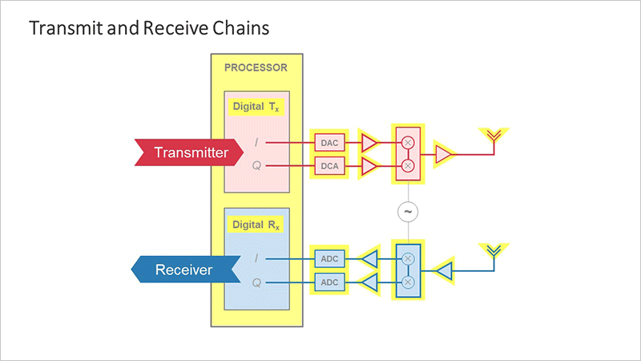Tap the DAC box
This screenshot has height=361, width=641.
(x=329, y=143)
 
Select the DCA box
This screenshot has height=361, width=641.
(x=329, y=166)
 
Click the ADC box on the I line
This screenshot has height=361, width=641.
(x=329, y=258)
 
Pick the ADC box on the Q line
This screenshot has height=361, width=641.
(x=329, y=282)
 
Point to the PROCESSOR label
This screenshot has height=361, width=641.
(x=256, y=67)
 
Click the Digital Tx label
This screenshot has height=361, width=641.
(x=256, y=107)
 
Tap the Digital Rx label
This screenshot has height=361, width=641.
(x=256, y=225)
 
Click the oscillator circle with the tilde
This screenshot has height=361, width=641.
(x=408, y=212)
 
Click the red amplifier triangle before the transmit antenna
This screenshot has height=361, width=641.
(x=444, y=154)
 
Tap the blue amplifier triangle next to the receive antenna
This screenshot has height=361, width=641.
(x=445, y=271)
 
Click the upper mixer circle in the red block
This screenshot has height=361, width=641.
(x=408, y=143)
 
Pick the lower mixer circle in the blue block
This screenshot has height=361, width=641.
(x=408, y=282)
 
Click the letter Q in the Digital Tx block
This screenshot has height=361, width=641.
(x=256, y=166)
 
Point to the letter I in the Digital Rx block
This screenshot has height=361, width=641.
(x=256, y=258)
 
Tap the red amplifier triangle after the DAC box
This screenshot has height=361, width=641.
(x=369, y=143)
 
